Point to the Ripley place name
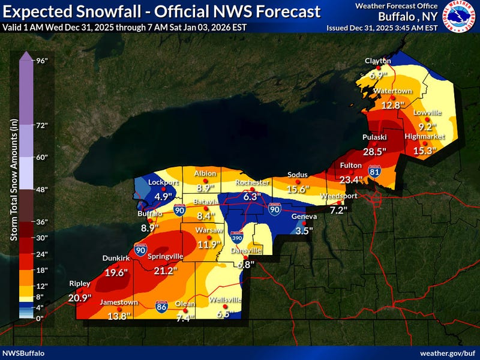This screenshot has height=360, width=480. click(80, 283)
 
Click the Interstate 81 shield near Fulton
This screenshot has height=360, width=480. click(375, 171)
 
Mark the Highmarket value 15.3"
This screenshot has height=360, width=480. click(424, 151)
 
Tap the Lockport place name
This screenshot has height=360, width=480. click(160, 182)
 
